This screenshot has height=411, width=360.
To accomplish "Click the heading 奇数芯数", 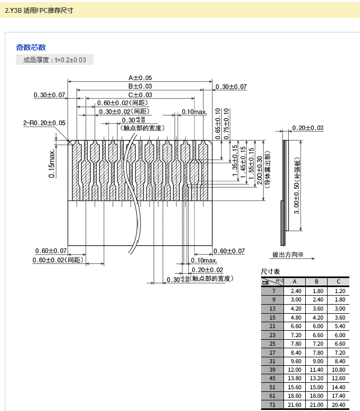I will pos(31,47).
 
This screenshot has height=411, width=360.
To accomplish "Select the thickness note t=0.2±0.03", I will pos(55,60).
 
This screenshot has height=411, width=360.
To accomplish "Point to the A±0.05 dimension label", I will pos(140,78).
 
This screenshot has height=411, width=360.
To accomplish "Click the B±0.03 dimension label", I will pos(140,86).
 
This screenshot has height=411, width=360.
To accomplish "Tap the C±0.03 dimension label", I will pos(140,95).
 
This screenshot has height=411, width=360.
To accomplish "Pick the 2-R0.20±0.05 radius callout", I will pos(44,123).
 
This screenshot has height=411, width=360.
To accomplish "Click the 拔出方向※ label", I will pos(288,255).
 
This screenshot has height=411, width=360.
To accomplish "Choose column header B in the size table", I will pos(316,282).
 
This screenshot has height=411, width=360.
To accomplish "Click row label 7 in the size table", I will pos(273,291).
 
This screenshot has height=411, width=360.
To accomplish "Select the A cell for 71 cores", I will pos(295,405).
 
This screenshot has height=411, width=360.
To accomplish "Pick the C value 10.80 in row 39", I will pos(339,370).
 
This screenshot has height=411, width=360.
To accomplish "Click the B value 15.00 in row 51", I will pos(316,388).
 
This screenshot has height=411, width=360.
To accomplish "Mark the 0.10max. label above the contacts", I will pos(194,112).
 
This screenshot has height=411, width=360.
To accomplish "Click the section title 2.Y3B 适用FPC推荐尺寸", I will pos(39,10).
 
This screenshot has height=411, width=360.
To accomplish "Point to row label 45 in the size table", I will pos(273,379).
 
